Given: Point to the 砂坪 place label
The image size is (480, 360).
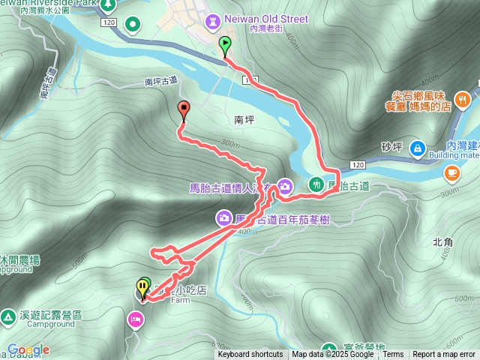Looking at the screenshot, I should (x=391, y=146).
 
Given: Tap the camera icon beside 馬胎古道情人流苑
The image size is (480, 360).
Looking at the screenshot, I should (x=285, y=185).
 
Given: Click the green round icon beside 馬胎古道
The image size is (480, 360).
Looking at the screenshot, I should (x=316, y=184).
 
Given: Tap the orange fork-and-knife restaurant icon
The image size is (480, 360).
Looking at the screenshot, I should (x=463, y=99).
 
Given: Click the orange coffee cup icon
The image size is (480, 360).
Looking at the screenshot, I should (x=452, y=174).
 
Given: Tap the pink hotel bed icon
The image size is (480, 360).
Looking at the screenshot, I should (x=136, y=320).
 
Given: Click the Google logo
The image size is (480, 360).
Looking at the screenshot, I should (x=28, y=349).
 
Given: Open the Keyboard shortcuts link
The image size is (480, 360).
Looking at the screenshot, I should (x=250, y=355).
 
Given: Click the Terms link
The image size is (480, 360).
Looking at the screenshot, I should (x=393, y=355).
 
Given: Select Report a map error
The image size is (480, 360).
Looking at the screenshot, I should (x=445, y=355).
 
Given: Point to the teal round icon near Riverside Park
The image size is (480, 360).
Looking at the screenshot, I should (x=133, y=25).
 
